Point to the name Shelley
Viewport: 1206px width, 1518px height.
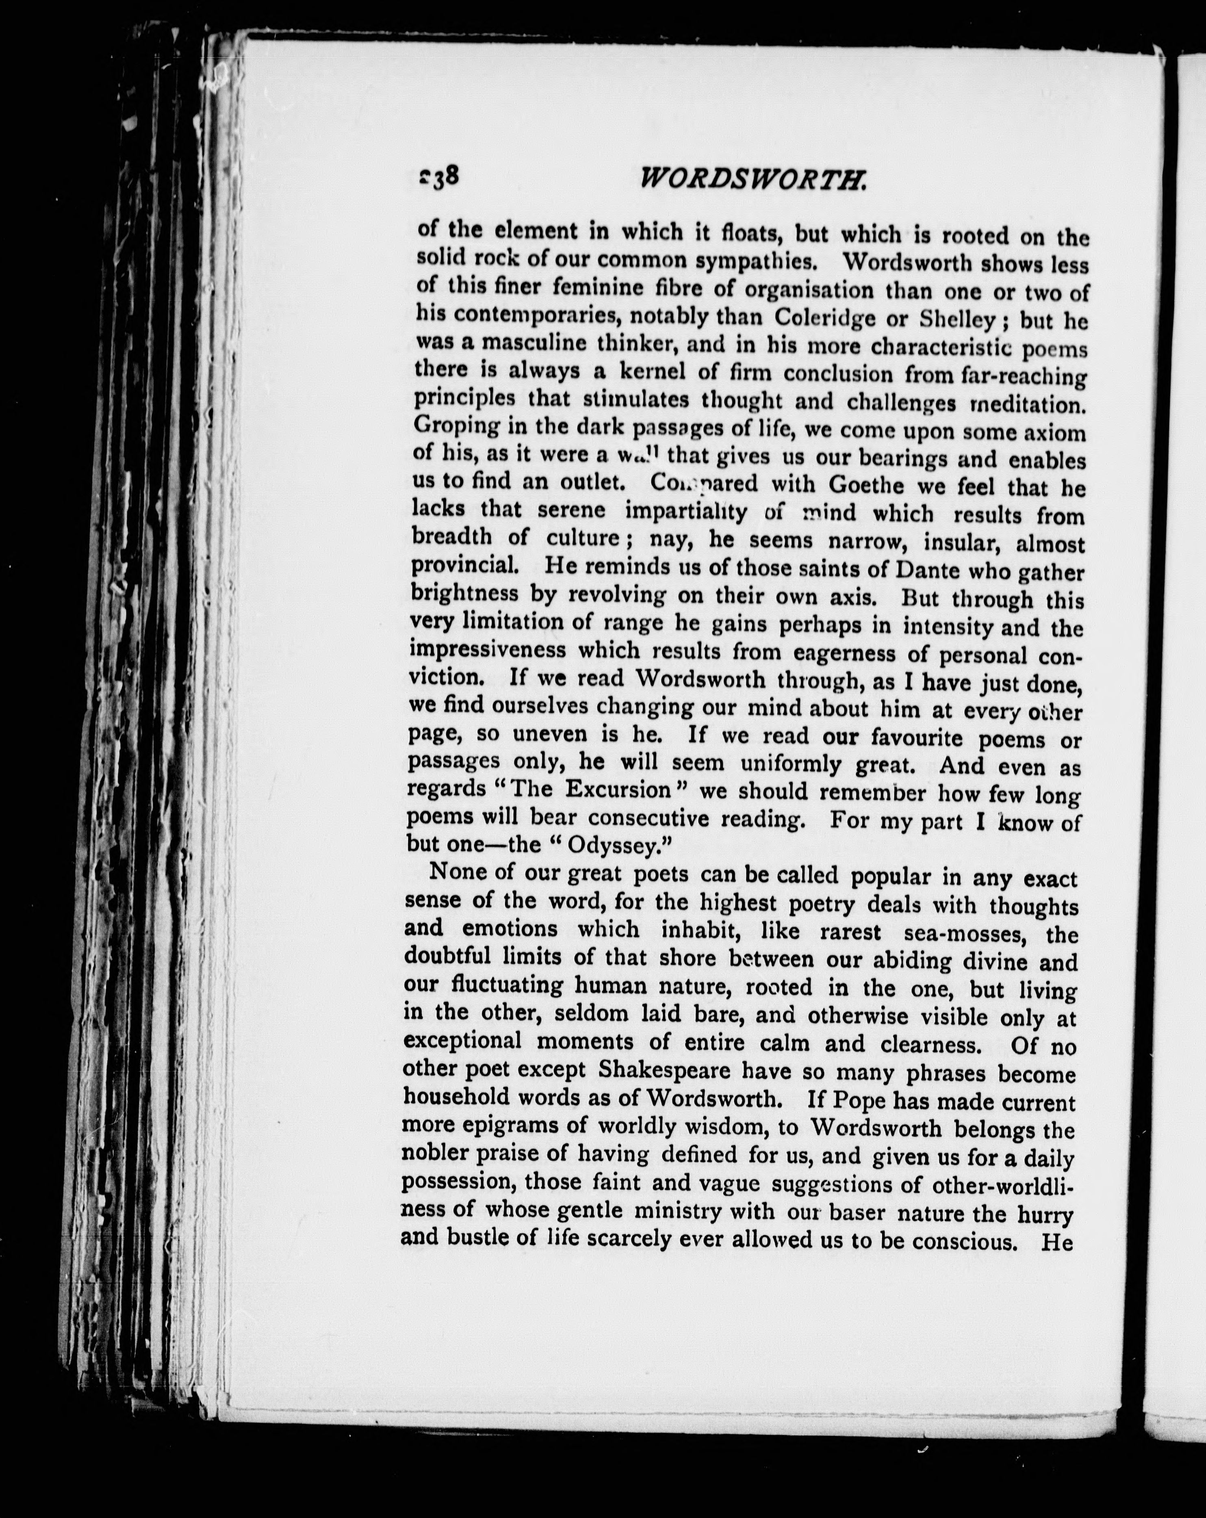[x=957, y=320]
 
